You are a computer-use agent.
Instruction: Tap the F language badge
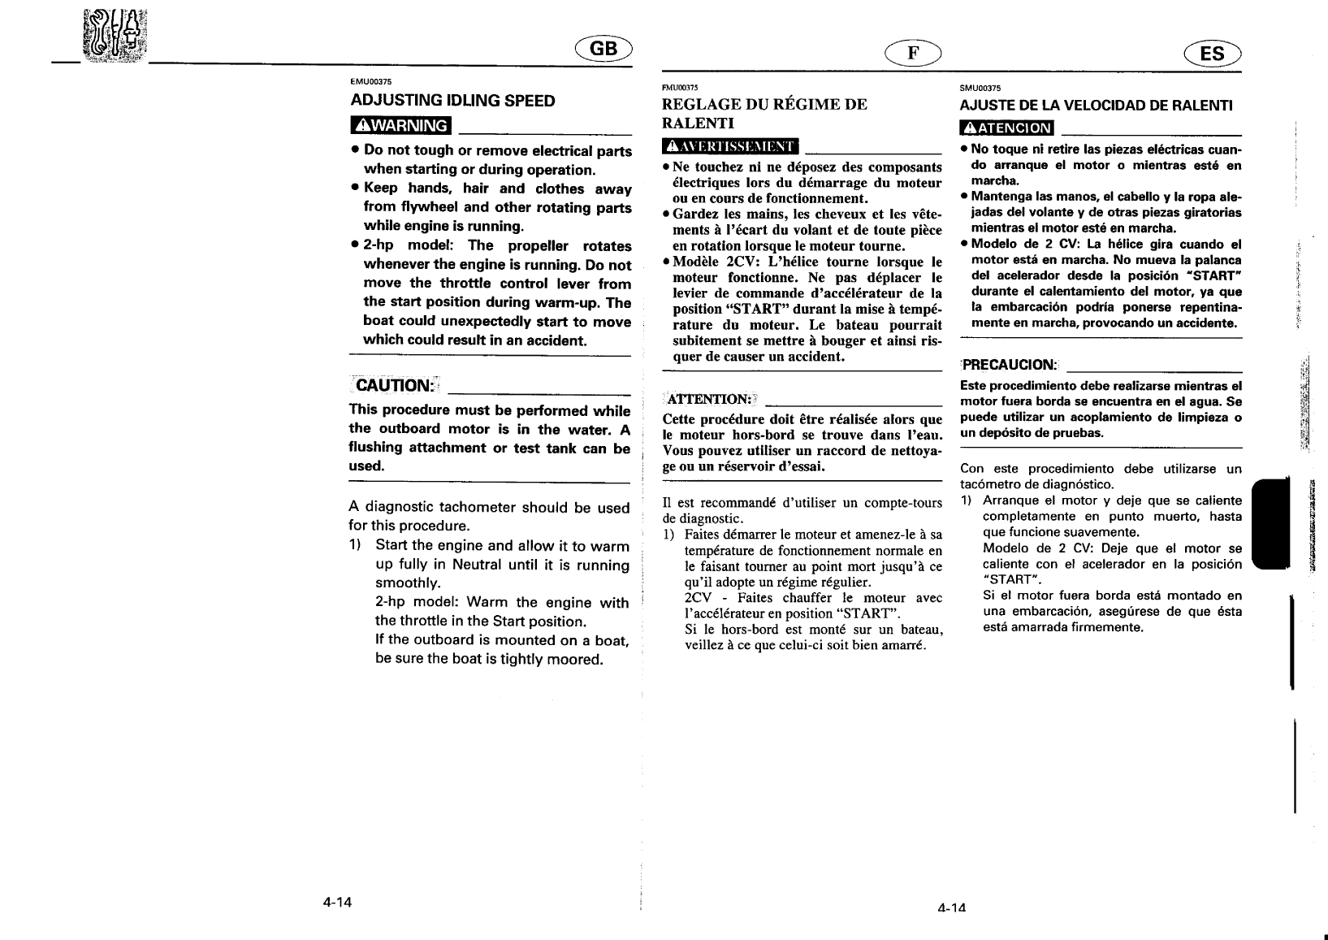click(913, 54)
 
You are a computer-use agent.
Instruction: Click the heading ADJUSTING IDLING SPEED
click(452, 101)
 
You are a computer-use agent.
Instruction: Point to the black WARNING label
click(400, 126)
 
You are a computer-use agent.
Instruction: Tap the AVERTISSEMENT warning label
click(730, 146)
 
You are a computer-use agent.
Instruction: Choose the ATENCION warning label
click(1006, 128)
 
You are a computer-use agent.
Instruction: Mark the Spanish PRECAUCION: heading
click(1009, 365)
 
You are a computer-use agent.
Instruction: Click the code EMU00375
click(371, 81)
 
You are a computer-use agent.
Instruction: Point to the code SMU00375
click(980, 88)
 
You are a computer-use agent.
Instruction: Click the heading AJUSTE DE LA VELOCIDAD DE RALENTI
click(1096, 106)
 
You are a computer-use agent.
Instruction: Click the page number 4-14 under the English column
click(337, 902)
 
